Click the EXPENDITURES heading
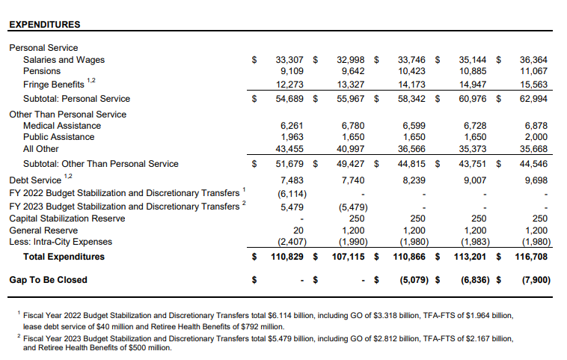point(44,25)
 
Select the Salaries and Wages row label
point(64,60)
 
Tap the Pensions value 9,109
point(289,72)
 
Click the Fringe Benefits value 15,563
point(534,85)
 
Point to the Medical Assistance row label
point(62,126)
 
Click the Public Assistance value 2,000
point(536,137)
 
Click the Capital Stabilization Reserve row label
point(73,219)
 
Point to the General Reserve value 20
point(298,231)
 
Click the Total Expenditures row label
point(64,257)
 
